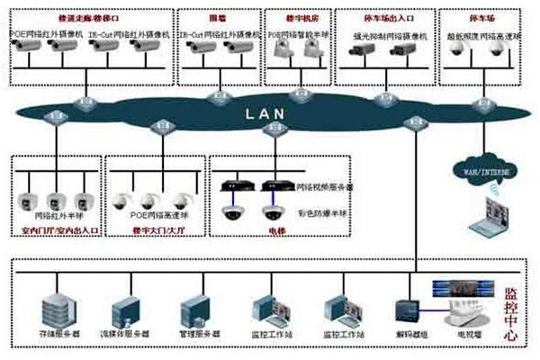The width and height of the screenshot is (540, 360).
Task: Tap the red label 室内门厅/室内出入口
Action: point(58,230)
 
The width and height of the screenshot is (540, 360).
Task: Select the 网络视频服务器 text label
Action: point(324,187)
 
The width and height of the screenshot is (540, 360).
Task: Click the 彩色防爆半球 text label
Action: point(321,214)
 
